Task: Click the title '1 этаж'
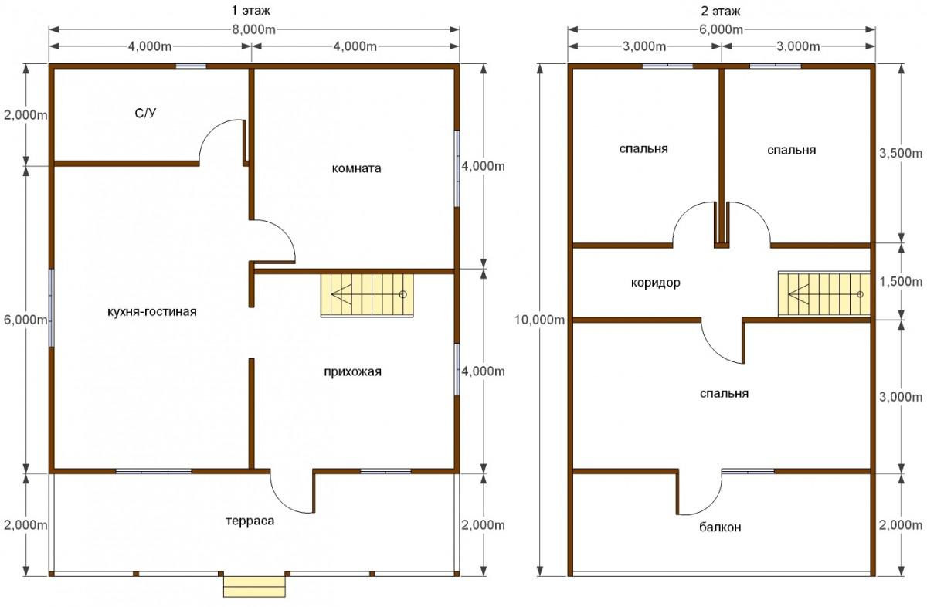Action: click(251, 10)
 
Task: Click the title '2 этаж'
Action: click(721, 11)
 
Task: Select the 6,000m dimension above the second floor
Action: click(721, 30)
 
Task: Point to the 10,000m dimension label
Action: click(539, 320)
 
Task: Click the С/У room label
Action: click(146, 113)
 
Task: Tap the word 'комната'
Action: click(356, 168)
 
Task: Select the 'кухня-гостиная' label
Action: click(152, 311)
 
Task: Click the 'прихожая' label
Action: click(352, 371)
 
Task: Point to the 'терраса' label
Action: click(250, 521)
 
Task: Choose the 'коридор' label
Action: click(656, 283)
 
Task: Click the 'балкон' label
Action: click(720, 527)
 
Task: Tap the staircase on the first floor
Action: click(367, 294)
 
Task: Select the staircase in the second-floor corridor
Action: click(824, 294)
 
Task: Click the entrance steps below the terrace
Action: click(254, 586)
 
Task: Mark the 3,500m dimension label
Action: click(901, 153)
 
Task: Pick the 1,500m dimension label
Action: click(901, 281)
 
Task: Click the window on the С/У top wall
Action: click(191, 66)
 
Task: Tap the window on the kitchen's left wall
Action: click(52, 308)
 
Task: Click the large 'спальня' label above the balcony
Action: click(725, 393)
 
